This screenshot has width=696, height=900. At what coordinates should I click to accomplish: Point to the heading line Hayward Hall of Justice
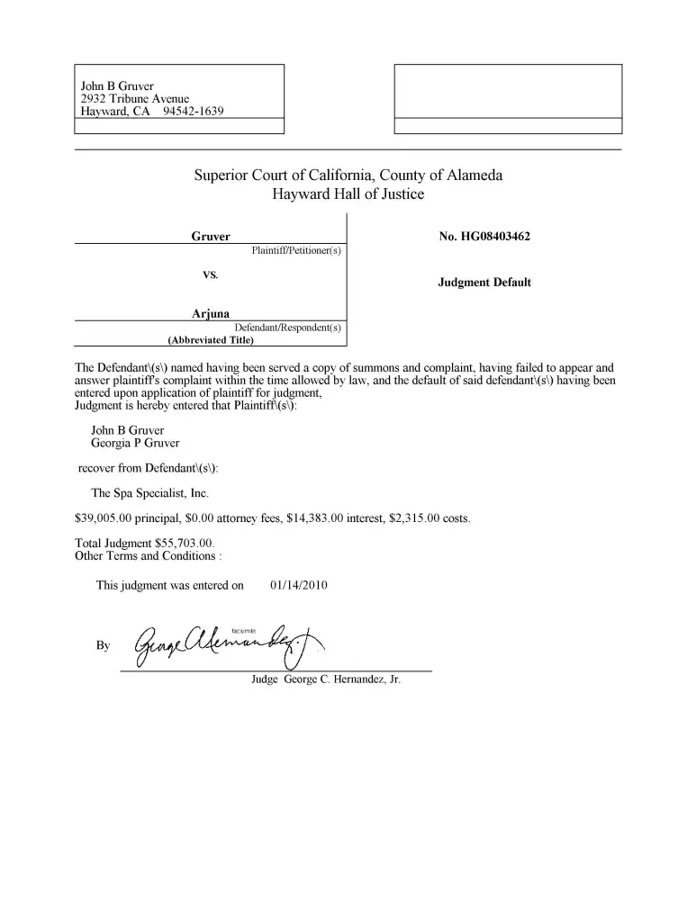click(x=348, y=193)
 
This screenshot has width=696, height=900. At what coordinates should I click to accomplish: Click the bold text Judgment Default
click(x=484, y=283)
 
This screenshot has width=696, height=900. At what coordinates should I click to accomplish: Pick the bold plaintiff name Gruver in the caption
click(x=211, y=237)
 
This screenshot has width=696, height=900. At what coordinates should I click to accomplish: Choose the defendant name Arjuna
click(x=211, y=313)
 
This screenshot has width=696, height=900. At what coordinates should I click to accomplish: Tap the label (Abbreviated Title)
click(x=211, y=340)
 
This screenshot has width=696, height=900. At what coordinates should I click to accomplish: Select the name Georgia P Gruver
click(x=135, y=443)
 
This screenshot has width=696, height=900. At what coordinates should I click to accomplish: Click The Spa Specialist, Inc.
click(x=150, y=493)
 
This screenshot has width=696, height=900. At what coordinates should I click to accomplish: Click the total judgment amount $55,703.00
click(x=184, y=544)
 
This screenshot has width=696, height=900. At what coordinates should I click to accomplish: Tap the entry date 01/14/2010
click(x=298, y=585)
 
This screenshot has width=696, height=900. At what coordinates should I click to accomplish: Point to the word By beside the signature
click(x=103, y=645)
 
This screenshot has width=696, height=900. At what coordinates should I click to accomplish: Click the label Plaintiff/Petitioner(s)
click(x=296, y=249)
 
